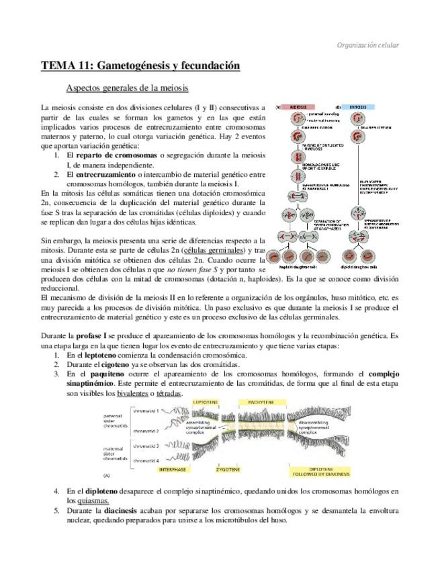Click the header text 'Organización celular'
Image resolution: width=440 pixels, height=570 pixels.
pos(367,45)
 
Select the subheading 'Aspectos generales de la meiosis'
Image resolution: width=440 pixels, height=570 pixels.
pos(127,88)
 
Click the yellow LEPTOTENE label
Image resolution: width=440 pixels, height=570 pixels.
pos(205,402)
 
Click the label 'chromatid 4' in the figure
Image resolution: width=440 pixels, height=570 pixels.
pos(146,460)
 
